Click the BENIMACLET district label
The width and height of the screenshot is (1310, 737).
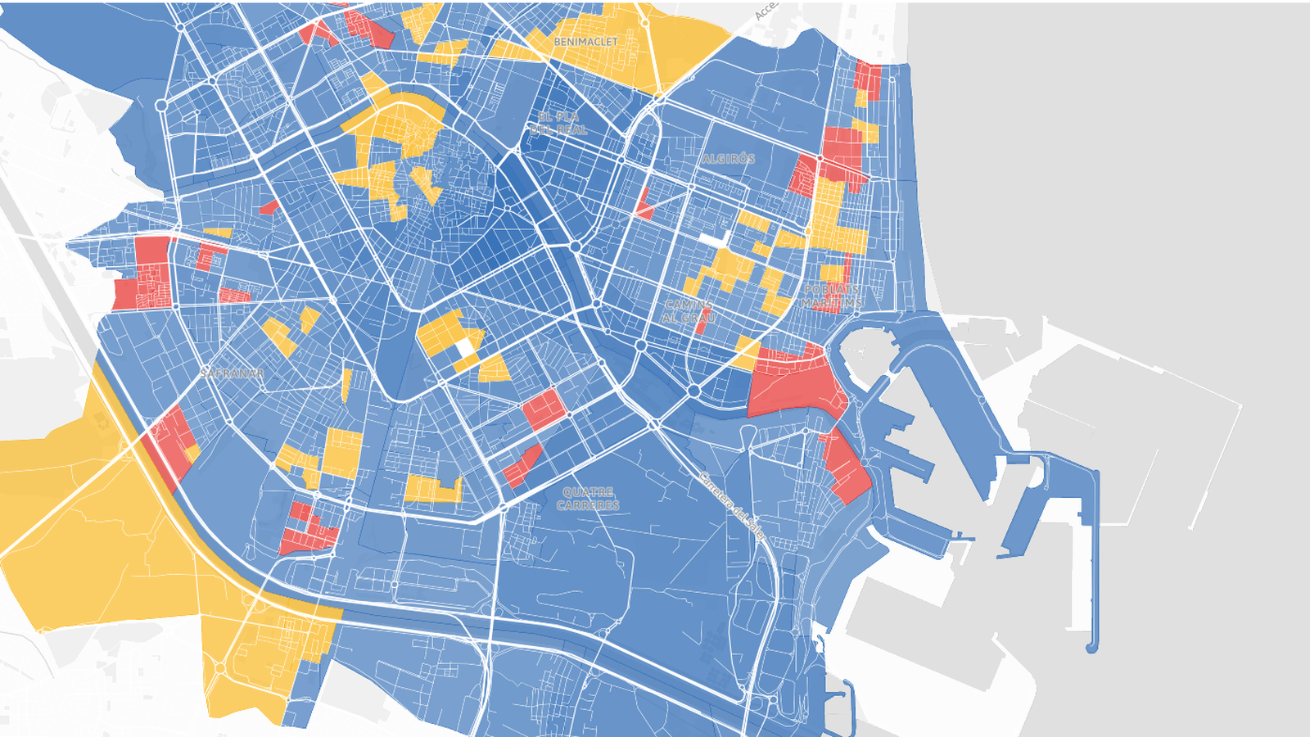tap(585, 42)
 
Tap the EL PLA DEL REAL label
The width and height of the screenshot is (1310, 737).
tap(559, 124)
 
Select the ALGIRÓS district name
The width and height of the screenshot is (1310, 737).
tap(728, 159)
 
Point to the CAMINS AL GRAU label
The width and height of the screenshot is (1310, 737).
tap(689, 311)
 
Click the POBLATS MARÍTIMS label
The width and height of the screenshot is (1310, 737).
tap(831, 296)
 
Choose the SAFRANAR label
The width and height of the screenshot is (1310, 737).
tap(233, 373)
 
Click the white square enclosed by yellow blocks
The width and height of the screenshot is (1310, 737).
tap(464, 347)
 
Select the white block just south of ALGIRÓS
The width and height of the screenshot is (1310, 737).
tap(714, 239)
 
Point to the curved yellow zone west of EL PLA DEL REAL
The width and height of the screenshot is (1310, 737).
tap(397, 123)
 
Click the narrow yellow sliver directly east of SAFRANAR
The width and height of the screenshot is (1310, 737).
tap(346, 384)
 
